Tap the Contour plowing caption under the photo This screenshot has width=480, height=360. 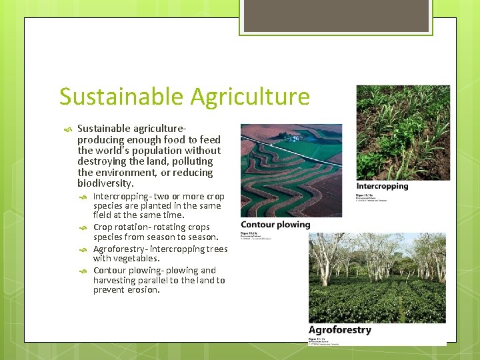[x=275, y=225]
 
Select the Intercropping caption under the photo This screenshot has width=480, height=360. [x=382, y=186]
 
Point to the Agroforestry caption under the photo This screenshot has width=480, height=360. [x=339, y=330]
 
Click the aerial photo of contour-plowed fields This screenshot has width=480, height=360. [x=291, y=170]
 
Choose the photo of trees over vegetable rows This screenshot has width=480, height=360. [x=377, y=277]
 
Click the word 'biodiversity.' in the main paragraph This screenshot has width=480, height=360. [x=105, y=183]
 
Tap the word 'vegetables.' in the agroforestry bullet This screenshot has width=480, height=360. [x=137, y=259]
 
